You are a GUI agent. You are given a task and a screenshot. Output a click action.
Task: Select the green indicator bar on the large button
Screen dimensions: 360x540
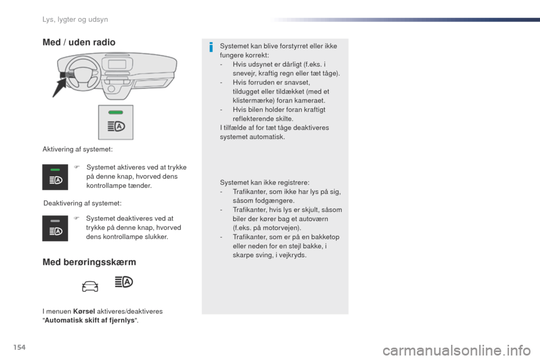[115, 112]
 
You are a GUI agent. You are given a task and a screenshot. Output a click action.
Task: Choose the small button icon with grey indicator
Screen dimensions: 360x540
[55, 228]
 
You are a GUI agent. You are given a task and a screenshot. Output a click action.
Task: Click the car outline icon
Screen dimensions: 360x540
[90, 286]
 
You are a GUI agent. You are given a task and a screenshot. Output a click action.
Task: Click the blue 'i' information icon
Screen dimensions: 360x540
[210, 47]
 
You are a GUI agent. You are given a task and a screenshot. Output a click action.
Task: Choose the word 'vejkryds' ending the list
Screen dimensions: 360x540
[292, 255]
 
